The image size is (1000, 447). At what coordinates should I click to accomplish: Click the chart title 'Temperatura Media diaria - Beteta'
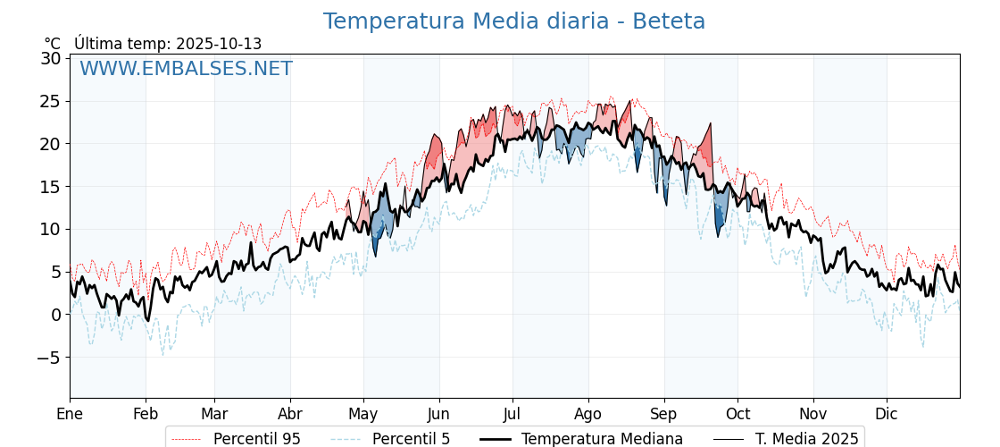point(513,21)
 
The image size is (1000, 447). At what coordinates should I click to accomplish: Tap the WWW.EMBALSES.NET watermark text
point(186,69)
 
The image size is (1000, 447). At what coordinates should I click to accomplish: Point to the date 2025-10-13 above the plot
point(219,44)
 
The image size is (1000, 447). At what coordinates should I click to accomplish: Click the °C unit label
point(52,44)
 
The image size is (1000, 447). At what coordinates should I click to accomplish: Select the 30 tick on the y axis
point(51,59)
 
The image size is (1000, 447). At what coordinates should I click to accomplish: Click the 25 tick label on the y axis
point(51,101)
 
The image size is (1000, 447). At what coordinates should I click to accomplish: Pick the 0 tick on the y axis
point(55,315)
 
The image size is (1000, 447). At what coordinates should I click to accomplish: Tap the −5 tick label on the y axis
point(48,358)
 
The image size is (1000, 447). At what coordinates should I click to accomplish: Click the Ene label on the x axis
point(70,414)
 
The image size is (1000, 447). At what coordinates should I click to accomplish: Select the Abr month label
point(290,414)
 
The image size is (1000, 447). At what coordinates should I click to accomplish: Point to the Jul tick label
point(512,414)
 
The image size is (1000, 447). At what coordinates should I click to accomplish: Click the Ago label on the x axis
point(588,414)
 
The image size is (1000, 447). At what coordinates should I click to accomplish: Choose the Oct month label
point(737,414)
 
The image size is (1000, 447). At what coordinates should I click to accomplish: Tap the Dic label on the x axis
point(887,414)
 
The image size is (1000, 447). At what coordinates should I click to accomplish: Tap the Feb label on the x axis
point(146,414)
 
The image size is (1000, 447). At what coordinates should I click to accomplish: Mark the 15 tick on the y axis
point(51,187)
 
